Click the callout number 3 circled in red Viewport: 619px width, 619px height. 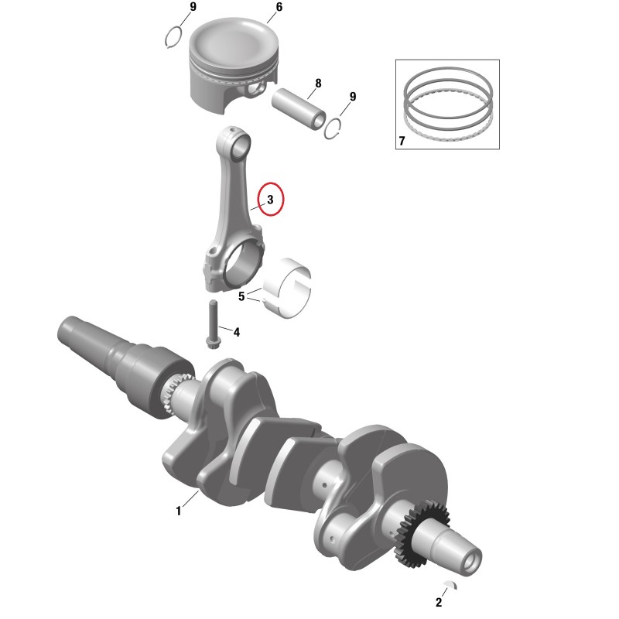[270, 200]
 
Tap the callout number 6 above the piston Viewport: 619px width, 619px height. [279, 7]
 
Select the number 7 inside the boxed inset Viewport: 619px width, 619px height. [402, 141]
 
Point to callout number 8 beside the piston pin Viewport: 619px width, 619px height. [318, 84]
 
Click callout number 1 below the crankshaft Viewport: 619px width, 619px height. [179, 511]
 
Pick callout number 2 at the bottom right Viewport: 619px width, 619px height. [439, 603]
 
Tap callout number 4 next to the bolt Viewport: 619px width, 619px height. [237, 333]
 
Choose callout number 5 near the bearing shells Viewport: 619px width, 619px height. [241, 296]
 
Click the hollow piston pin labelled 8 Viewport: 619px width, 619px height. [299, 109]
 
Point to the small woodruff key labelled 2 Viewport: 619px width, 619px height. [451, 584]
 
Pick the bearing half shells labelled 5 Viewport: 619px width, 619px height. [287, 288]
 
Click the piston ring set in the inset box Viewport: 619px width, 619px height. [449, 104]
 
